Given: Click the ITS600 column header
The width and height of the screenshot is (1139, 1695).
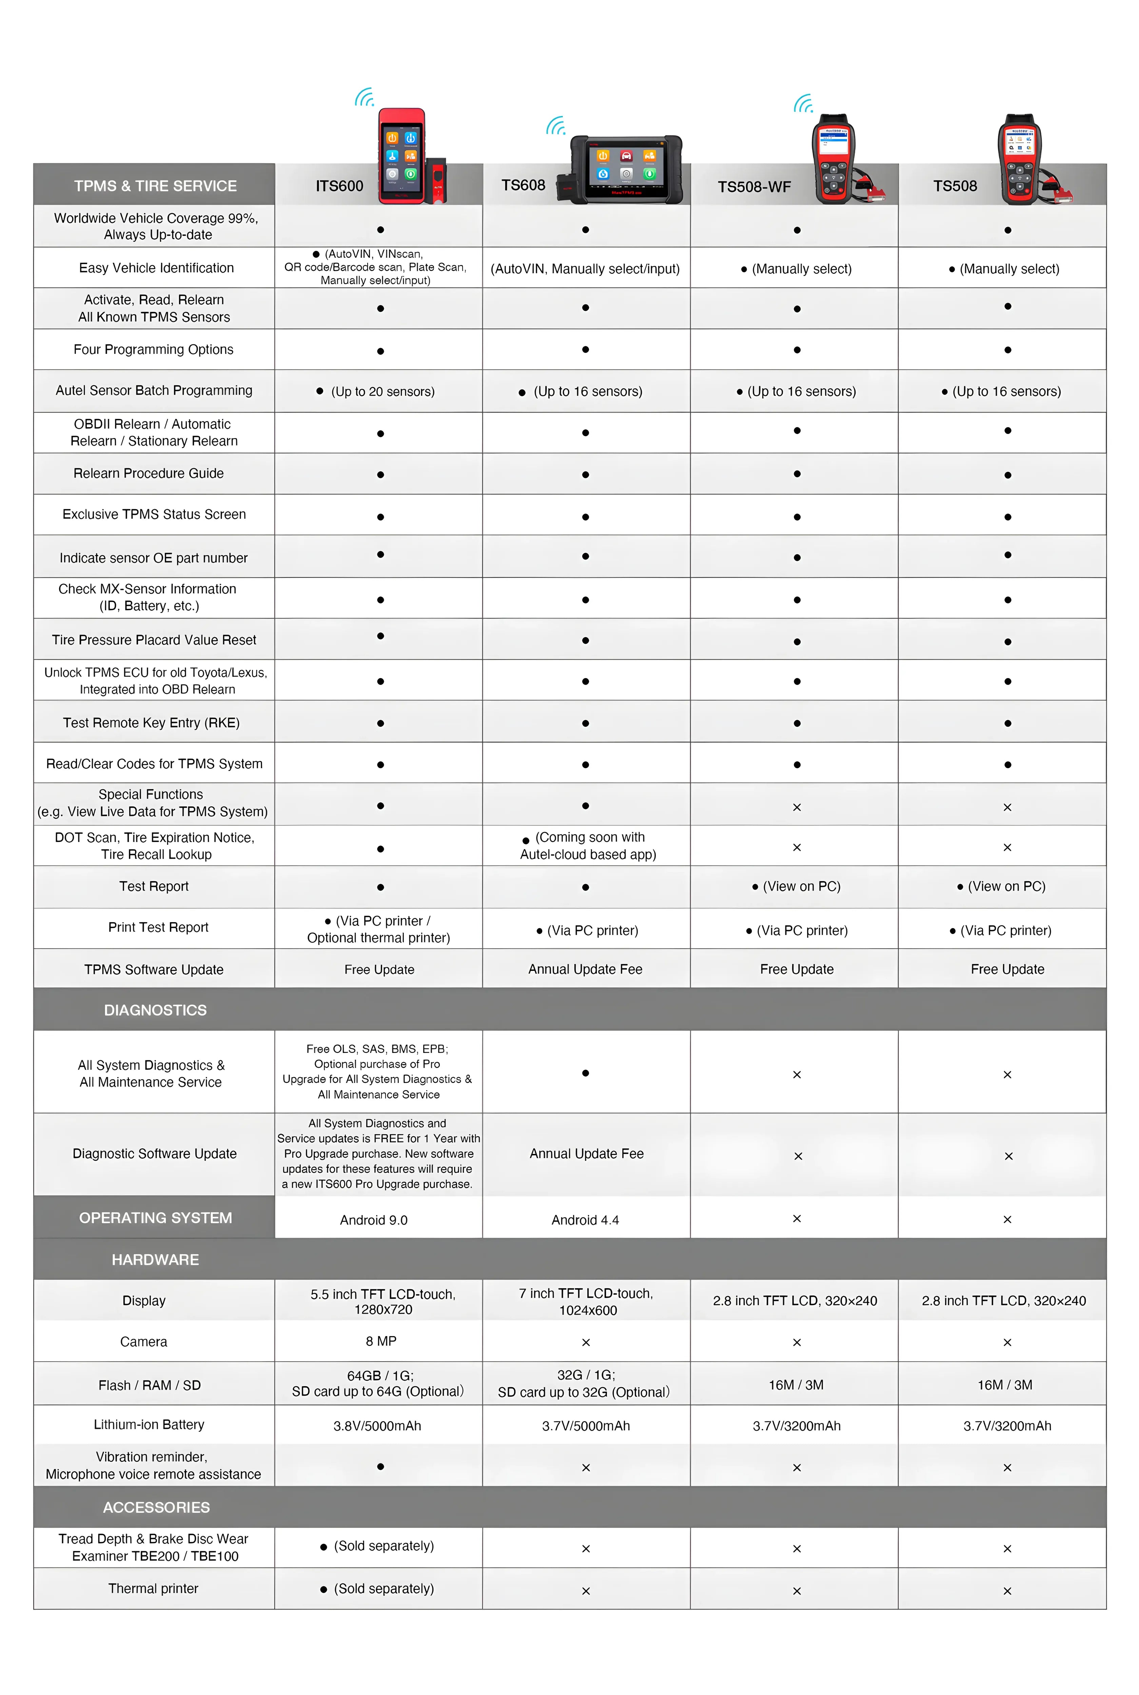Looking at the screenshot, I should pos(339,186).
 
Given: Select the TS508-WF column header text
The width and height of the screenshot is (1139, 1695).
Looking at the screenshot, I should pos(754,187).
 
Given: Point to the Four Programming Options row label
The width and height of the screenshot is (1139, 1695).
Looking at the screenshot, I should pos(153,349).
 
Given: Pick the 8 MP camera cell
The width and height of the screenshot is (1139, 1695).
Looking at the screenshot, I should pos(381,1341).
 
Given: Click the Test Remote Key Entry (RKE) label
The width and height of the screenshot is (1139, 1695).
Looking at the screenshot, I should pos(151,723).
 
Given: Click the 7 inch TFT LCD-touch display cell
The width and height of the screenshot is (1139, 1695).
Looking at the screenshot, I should pos(586,1301).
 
